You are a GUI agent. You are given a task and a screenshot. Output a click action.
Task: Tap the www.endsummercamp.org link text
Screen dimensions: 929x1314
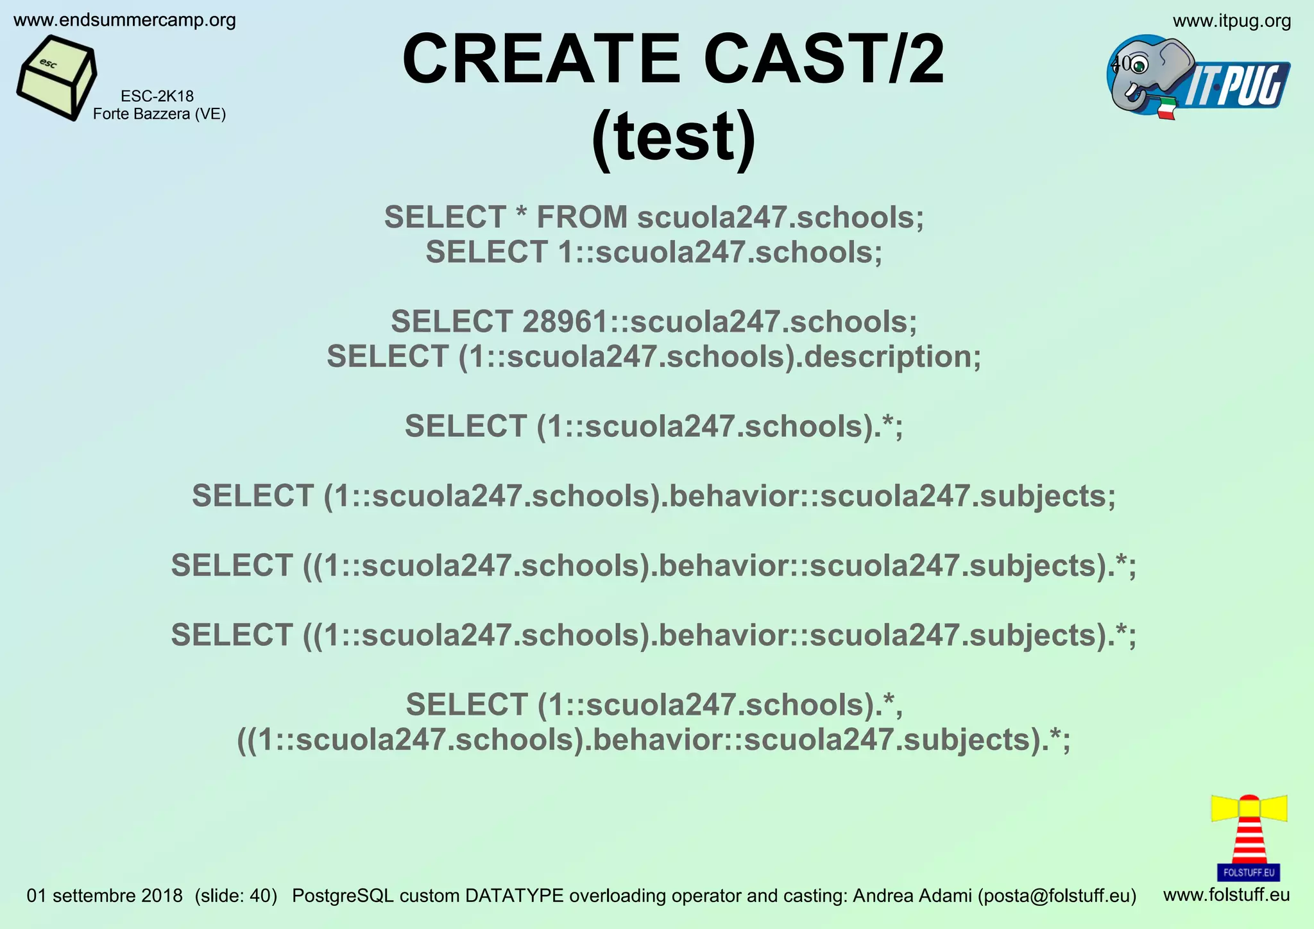124,21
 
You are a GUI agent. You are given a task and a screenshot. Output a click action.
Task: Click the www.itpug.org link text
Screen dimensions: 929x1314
1232,21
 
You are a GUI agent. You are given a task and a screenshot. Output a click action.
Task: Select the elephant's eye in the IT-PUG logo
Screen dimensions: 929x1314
1139,65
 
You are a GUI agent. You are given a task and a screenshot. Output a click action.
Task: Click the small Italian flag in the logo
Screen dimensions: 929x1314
1166,108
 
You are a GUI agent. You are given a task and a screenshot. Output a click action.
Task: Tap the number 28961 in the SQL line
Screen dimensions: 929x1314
565,321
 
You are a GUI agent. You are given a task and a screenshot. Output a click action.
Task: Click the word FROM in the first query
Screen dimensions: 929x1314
582,217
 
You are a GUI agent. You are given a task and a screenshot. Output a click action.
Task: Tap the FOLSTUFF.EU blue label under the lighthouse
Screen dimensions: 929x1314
1249,873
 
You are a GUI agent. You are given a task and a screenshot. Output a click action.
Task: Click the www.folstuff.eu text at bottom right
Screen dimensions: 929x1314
1226,894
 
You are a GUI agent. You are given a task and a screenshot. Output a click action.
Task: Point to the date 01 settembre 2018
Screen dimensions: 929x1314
105,896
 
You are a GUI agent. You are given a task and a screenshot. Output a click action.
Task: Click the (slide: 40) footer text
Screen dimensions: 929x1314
235,896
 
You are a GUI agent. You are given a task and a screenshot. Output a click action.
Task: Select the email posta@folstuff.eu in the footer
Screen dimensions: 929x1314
1057,896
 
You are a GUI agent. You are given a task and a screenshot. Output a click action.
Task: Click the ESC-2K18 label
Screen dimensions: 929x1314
157,96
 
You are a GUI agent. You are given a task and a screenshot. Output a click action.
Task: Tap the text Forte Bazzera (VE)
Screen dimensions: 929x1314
159,114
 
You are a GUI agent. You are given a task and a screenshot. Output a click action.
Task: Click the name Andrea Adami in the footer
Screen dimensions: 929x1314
912,896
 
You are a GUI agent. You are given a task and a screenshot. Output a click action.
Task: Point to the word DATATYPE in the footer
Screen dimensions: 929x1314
514,896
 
